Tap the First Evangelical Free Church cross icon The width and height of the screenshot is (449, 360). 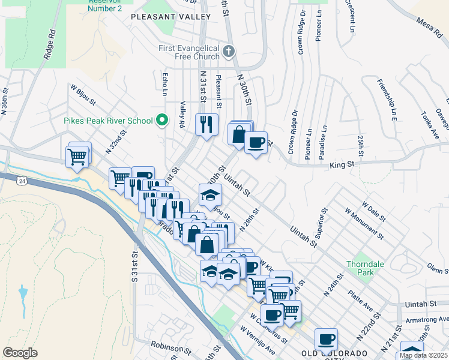(228, 52)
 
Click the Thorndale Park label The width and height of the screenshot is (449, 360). (361, 268)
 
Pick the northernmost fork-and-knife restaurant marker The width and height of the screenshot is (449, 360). (206, 124)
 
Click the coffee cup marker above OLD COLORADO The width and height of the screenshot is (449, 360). (326, 340)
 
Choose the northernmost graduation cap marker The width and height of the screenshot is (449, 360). (211, 194)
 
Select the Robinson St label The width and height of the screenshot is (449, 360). (170, 346)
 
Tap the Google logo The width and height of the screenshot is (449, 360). (20, 353)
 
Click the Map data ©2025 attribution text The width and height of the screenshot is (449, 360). (423, 355)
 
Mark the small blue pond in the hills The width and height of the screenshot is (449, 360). (23, 294)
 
